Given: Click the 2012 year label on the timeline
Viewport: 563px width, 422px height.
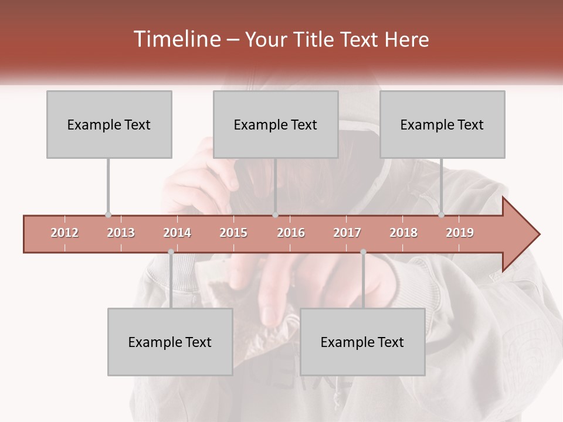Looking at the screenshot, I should (65, 233).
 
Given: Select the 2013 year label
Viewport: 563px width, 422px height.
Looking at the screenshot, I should (121, 233).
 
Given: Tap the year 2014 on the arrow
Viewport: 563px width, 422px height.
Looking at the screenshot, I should (177, 233).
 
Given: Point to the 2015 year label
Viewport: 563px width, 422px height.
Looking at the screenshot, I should (233, 233).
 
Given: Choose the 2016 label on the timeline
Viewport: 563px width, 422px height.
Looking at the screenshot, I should (291, 233).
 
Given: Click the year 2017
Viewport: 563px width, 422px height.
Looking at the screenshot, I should (347, 233).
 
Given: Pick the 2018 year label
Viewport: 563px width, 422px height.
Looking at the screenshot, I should (403, 233).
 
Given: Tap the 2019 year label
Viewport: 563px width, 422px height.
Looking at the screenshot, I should (460, 233).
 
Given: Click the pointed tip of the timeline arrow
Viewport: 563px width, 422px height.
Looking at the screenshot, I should (538, 234).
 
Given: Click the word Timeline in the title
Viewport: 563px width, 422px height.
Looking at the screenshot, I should (176, 39).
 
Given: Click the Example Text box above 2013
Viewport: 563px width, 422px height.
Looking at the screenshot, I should (109, 124).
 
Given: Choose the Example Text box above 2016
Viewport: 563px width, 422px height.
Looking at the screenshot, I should (276, 124).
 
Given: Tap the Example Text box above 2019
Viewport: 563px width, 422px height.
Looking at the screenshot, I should (442, 124).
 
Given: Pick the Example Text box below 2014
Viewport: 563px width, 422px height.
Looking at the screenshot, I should (170, 342).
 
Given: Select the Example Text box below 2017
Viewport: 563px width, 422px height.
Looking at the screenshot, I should (362, 342).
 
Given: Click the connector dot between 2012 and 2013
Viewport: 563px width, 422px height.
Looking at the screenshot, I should (108, 215).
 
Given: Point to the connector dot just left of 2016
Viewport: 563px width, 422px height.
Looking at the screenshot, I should (276, 215).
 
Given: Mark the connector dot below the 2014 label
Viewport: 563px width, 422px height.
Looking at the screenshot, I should (171, 252).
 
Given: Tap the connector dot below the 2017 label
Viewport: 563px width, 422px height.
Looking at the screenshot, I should (363, 252).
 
